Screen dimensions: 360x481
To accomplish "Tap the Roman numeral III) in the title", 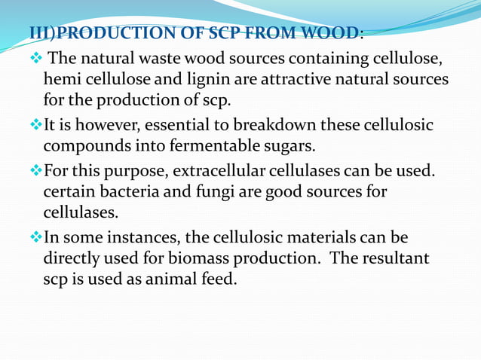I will tap(43, 34).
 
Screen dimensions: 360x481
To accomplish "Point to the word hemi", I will tap(63, 79).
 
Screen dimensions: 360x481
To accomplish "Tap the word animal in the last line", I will tap(159, 279).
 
